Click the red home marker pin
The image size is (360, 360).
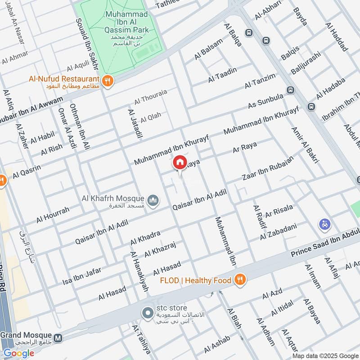pyautogui.click(x=180, y=162)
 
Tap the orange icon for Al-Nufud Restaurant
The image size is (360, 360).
pyautogui.click(x=107, y=81)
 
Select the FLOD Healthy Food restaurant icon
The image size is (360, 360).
pyautogui.click(x=240, y=280)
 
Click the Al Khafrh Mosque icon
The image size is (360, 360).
pyautogui.click(x=153, y=199)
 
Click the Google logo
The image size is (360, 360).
pyautogui.click(x=19, y=353)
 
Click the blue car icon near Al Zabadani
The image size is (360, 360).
pyautogui.click(x=324, y=224)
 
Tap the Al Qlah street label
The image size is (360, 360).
pyautogui.click(x=150, y=118)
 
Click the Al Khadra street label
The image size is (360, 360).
pyautogui.click(x=145, y=238)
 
